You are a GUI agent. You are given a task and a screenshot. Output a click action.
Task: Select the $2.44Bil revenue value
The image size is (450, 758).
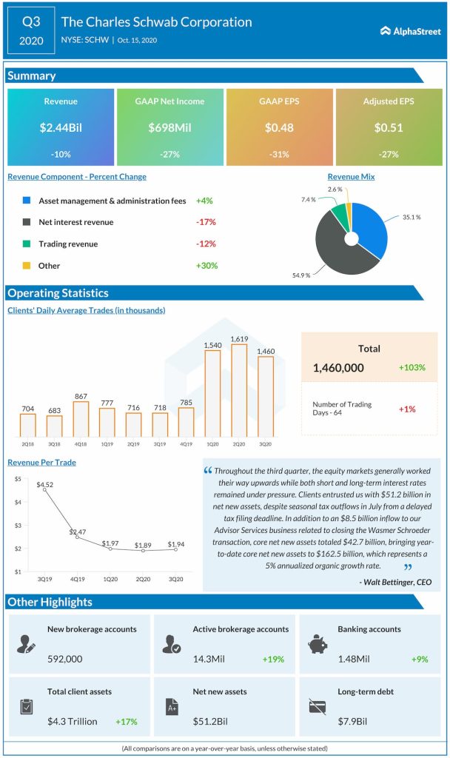[x=61, y=127]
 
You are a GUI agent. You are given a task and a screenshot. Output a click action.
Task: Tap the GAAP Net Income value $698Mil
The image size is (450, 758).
[x=169, y=127]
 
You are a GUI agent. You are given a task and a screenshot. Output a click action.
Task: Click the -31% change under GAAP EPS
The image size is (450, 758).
[x=279, y=154]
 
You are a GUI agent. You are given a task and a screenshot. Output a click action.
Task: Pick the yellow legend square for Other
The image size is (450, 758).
[x=27, y=265]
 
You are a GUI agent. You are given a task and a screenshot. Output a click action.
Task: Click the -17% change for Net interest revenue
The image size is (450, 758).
[x=206, y=222]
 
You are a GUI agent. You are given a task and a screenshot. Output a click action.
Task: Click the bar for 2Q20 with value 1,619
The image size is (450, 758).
[x=239, y=389]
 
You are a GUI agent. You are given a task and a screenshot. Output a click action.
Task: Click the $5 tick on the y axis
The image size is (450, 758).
[x=16, y=480]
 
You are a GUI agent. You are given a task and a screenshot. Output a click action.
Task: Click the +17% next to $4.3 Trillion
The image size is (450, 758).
[x=126, y=721]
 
